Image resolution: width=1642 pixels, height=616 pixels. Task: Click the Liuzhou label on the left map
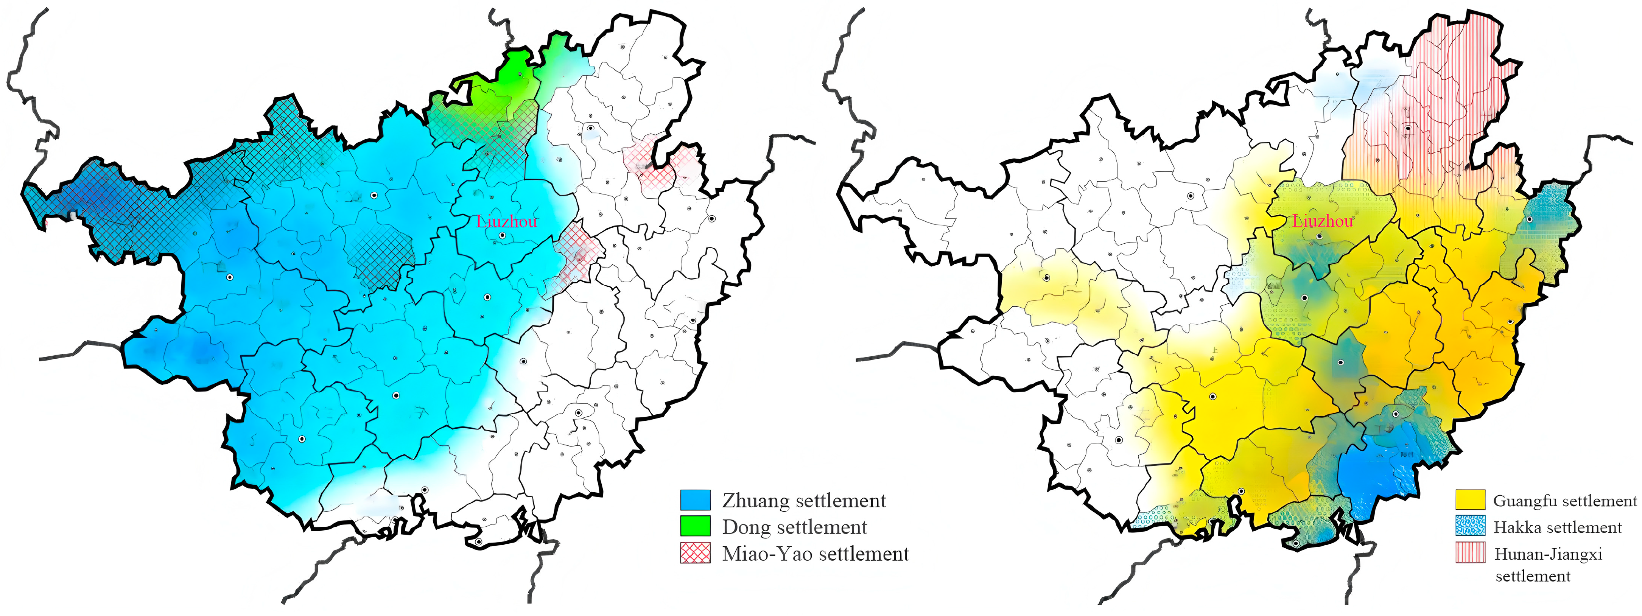click(x=507, y=221)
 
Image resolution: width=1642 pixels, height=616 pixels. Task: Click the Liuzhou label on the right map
click(x=1323, y=221)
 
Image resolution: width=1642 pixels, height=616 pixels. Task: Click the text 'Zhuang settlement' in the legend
click(x=804, y=501)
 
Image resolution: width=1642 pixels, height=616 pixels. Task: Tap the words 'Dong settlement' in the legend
click(x=794, y=527)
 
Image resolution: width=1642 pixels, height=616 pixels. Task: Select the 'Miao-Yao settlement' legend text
click(x=815, y=554)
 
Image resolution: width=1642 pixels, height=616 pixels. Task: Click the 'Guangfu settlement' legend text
click(x=1565, y=501)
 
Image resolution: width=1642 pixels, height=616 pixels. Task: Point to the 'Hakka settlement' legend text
click(x=1557, y=527)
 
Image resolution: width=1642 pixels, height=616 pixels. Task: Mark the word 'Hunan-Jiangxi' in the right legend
click(x=1548, y=554)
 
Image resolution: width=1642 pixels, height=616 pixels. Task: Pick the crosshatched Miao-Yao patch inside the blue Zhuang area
click(x=381, y=255)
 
